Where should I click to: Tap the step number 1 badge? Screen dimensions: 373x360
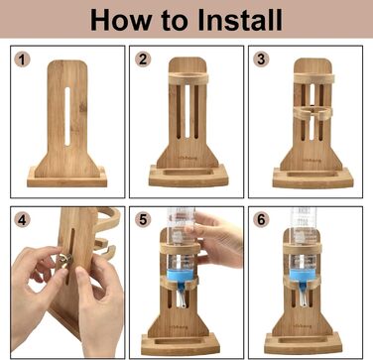[x=22, y=60]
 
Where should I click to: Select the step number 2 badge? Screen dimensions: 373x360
[x=143, y=60]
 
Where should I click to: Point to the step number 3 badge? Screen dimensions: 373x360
[x=261, y=60]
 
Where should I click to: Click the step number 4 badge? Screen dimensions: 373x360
[x=22, y=220]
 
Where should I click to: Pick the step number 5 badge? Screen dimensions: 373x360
[x=143, y=220]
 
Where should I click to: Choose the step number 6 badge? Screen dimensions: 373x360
[x=261, y=220]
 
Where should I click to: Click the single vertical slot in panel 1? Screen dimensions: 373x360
[x=67, y=117]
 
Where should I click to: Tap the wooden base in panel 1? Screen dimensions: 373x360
[x=67, y=178]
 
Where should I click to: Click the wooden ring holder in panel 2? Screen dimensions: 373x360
[x=188, y=78]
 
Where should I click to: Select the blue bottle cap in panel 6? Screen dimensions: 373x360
[x=303, y=276]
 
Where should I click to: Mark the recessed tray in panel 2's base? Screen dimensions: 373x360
[x=187, y=173]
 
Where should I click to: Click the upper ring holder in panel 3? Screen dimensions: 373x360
[x=313, y=78]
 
